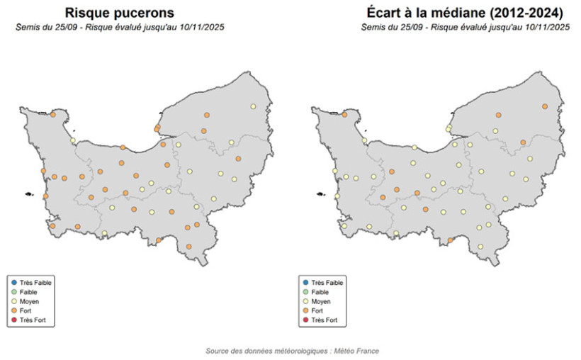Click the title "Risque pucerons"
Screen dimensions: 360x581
119,13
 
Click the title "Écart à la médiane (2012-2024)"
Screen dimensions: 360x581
466,13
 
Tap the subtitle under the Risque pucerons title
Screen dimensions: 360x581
120,27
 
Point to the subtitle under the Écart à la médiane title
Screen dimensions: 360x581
466,27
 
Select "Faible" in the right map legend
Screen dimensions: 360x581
320,292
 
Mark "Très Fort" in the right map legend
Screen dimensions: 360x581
325,321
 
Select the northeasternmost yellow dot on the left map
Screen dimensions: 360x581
253,106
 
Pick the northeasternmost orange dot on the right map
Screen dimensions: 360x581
545,106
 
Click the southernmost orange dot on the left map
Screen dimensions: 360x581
189,247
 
